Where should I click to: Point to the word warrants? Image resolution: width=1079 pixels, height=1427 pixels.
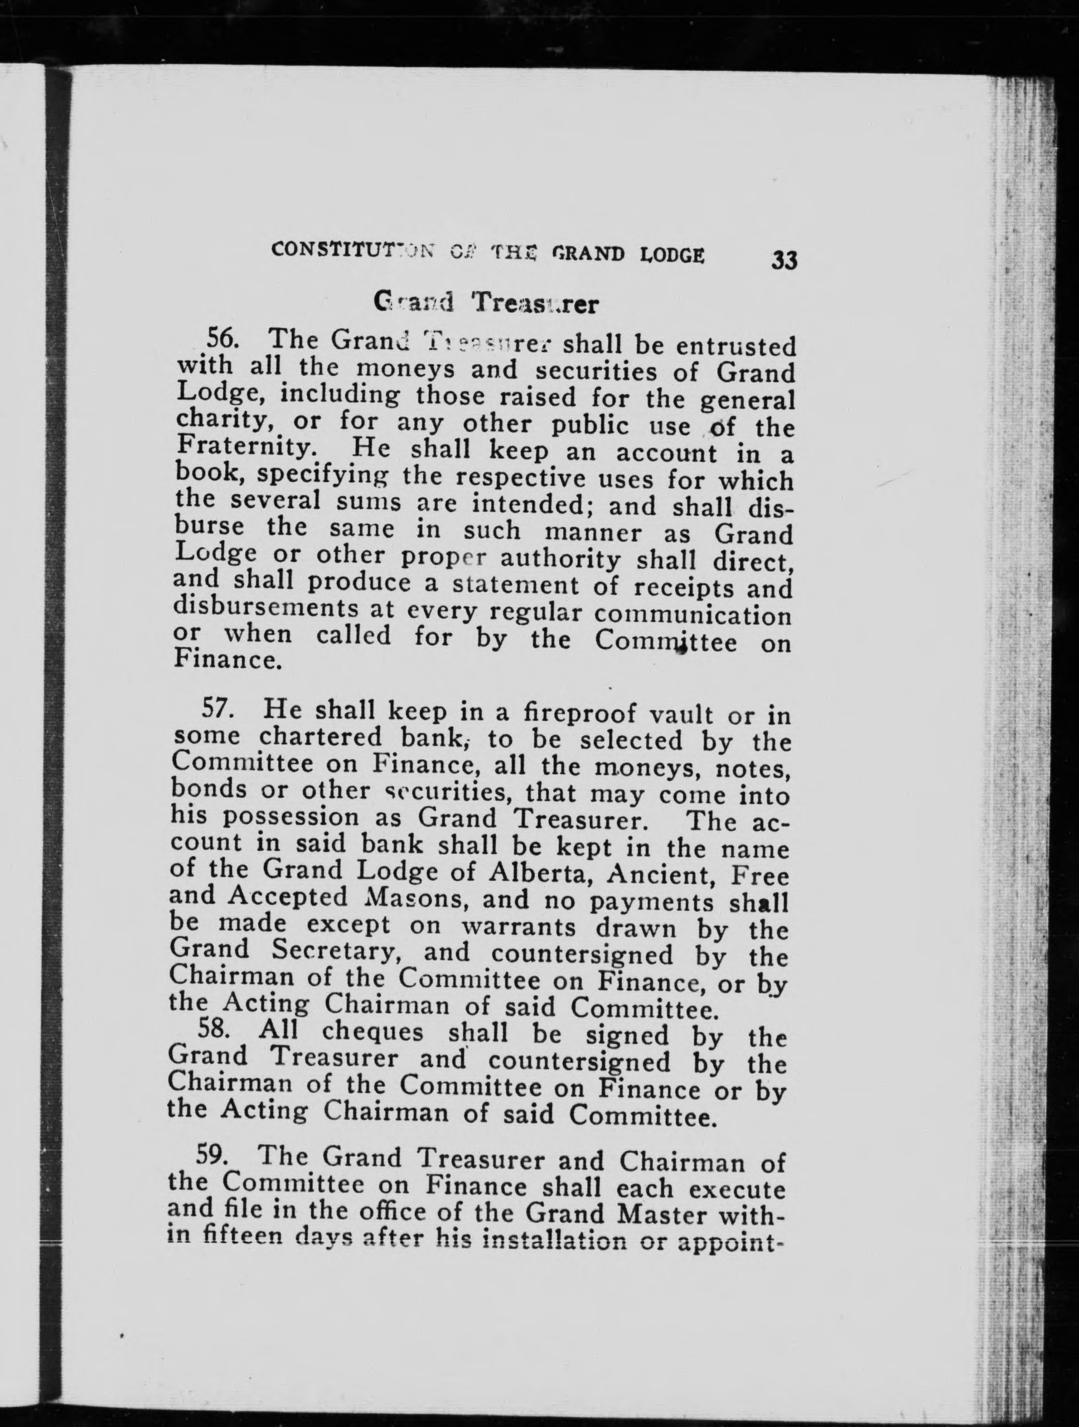coord(521,927)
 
